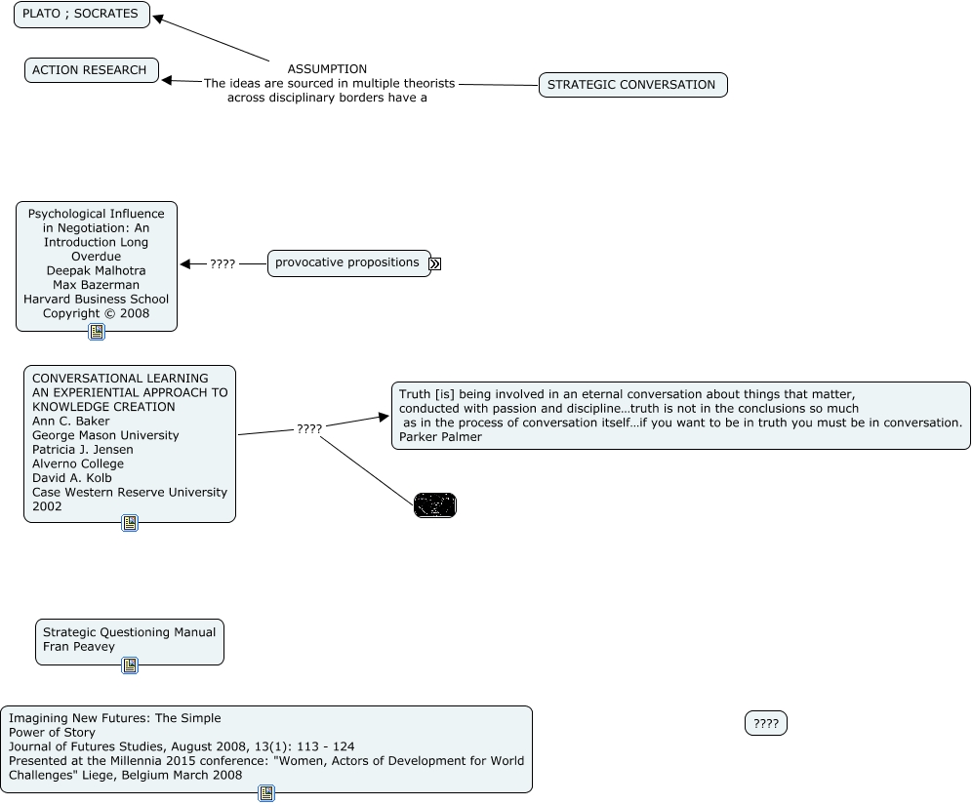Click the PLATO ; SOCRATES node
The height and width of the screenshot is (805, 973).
[x=81, y=15]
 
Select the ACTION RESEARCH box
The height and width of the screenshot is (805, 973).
[x=90, y=70]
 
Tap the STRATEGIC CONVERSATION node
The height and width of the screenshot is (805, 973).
[x=631, y=85]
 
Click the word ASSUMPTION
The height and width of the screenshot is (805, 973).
[x=327, y=69]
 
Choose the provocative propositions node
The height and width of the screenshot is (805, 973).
[x=347, y=262]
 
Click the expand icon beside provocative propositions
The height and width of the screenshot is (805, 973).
[x=435, y=263]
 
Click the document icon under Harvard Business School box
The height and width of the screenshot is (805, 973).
[x=97, y=332]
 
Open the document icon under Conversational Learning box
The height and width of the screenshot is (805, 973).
[x=130, y=523]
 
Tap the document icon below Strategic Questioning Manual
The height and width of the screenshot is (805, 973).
[x=130, y=665]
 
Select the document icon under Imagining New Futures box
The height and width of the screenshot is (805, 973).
[x=266, y=793]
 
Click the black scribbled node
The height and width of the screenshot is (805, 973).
[x=435, y=505]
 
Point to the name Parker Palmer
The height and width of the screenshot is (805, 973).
[x=440, y=437]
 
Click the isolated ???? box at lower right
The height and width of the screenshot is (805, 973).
[x=766, y=724]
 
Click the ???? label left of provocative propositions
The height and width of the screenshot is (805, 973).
[x=223, y=264]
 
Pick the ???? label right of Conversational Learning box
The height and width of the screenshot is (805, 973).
[x=309, y=429]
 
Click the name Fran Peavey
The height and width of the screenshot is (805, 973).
[x=78, y=647]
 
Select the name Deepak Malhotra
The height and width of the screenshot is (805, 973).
[x=96, y=271]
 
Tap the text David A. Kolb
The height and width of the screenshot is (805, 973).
[x=72, y=478]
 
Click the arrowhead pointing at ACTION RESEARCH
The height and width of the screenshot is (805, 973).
[x=168, y=80]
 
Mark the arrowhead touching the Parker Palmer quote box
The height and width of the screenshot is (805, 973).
[x=384, y=418]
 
